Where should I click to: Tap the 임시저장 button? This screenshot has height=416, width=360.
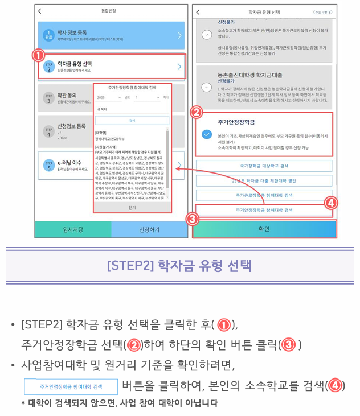72,229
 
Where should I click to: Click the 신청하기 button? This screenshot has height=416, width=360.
149,229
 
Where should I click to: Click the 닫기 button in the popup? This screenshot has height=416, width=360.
132,208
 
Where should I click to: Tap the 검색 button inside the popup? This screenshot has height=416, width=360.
132,121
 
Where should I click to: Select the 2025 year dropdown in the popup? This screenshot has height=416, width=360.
108,97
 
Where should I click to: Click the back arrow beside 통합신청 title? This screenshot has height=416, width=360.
39,11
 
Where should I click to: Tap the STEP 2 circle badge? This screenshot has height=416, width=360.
49,67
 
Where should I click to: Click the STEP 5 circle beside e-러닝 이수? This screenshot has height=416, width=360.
49,165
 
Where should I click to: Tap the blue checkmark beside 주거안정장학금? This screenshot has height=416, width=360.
207,135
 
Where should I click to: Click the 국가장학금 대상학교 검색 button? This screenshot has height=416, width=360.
264,165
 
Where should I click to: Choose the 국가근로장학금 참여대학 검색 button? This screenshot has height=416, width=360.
264,195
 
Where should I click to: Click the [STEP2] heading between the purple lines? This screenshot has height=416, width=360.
179,266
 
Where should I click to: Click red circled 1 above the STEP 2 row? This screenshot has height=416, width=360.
38,55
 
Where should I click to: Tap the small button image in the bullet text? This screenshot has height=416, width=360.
71,386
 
